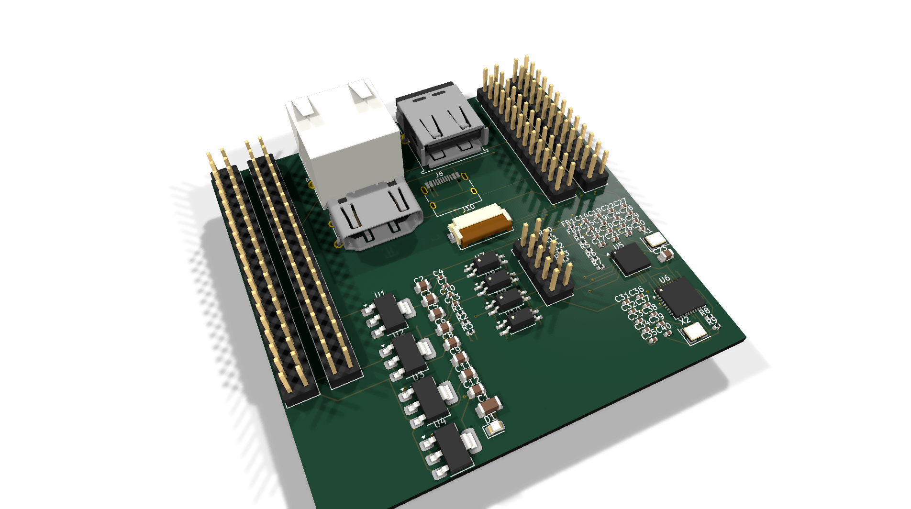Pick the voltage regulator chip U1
390,313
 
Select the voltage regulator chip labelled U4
452,447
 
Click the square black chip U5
631,259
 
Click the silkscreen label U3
419,376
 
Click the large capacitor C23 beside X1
666,254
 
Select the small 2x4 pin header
544,266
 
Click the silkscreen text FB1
567,222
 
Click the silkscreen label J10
468,208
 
